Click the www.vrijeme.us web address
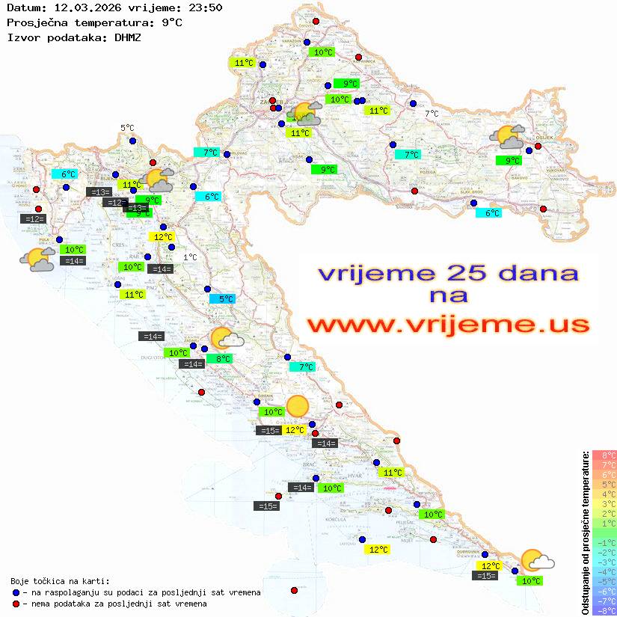447,325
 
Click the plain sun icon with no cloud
298,405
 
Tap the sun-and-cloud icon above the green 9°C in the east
508,138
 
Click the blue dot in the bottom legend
16,592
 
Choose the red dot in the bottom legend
16,604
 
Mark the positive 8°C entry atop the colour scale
604,455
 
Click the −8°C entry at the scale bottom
604,610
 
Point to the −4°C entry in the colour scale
604,571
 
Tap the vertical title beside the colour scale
586,532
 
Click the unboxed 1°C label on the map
190,257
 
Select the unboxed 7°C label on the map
432,114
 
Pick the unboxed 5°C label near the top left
127,128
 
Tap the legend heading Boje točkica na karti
60,581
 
